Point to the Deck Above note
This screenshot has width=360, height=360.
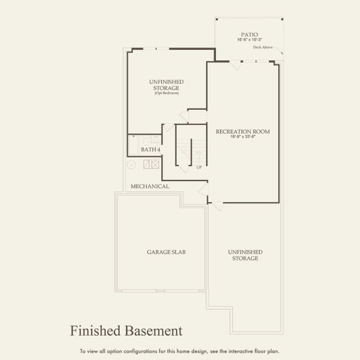(263, 47)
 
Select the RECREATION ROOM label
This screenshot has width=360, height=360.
(243, 131)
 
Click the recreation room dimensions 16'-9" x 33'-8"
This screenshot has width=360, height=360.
(243, 137)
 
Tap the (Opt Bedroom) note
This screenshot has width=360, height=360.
(166, 94)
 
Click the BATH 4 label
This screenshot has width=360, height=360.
(151, 149)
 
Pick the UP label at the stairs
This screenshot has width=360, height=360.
(199, 167)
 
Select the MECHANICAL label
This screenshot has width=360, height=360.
(150, 187)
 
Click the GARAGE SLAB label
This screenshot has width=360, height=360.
(166, 252)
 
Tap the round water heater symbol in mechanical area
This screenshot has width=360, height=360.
(131, 164)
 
